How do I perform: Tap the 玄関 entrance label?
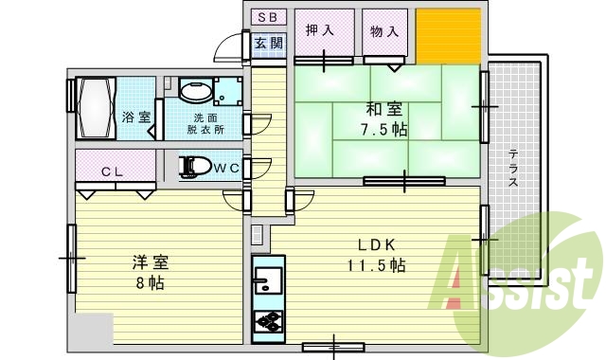coord(269,44)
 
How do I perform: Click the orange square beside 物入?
coord(449,36)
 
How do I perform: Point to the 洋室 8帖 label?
coord(141,271)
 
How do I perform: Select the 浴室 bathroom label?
coord(136,117)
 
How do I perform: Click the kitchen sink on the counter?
coord(267,280)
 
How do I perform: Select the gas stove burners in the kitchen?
coord(267,321)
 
